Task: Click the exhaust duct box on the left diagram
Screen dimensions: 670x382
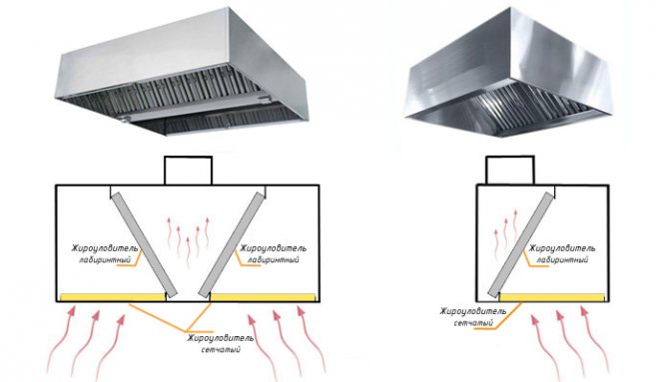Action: coord(188,171)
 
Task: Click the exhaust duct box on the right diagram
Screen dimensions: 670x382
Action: coord(509,171)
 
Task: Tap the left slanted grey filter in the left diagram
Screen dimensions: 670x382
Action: coord(144,244)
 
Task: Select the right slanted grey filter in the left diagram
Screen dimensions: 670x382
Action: coord(232,244)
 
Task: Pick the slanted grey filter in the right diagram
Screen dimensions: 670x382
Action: coord(521,243)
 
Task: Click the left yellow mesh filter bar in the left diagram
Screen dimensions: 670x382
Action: coord(113,296)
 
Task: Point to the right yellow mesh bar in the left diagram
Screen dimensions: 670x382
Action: coord(264,296)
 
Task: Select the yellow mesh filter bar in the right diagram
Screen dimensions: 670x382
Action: coord(552,297)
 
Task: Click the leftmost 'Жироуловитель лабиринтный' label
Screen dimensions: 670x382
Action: coord(104,253)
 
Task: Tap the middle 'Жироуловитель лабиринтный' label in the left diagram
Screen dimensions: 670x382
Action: coord(273,253)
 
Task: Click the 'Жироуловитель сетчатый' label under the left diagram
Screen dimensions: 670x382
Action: coord(220,343)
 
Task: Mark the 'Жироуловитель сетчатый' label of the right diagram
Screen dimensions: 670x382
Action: coord(473,317)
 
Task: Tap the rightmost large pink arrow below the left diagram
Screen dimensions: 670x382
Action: coord(312,341)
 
